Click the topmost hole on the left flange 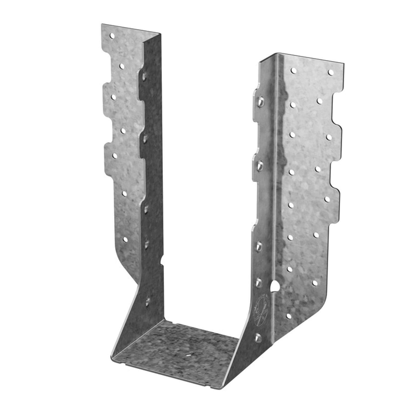tap(112, 36)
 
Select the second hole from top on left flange tap(121, 66)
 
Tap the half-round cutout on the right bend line tap(275, 287)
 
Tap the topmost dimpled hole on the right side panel tap(260, 101)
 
